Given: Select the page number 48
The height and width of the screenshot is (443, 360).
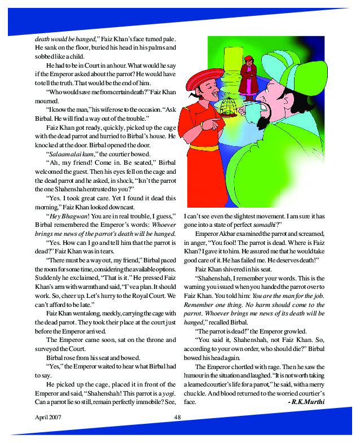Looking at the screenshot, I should point(177,418).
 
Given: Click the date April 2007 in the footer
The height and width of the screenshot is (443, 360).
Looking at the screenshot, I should point(47,418).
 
